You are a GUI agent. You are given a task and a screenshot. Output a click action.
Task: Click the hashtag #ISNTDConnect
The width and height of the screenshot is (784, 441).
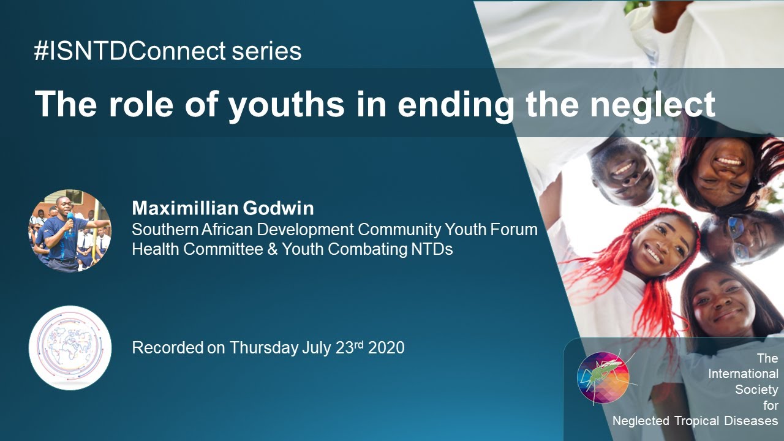(130, 51)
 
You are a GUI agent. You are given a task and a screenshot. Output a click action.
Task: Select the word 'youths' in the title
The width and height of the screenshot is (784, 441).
(286, 104)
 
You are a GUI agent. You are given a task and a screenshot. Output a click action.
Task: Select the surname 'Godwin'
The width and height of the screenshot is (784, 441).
(285, 208)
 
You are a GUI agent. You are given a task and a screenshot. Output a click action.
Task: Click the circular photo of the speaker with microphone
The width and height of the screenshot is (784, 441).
(70, 230)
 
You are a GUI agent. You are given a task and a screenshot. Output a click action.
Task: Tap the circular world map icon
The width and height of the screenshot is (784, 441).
(70, 347)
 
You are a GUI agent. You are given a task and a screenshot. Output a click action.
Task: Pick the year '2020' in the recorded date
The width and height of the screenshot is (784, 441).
(386, 348)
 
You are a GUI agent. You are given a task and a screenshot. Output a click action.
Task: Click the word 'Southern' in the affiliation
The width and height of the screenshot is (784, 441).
(161, 230)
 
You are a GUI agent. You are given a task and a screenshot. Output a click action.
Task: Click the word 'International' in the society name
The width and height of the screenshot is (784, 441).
(743, 374)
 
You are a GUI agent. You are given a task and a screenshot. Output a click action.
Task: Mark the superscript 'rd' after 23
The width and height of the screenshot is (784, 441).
(358, 344)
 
